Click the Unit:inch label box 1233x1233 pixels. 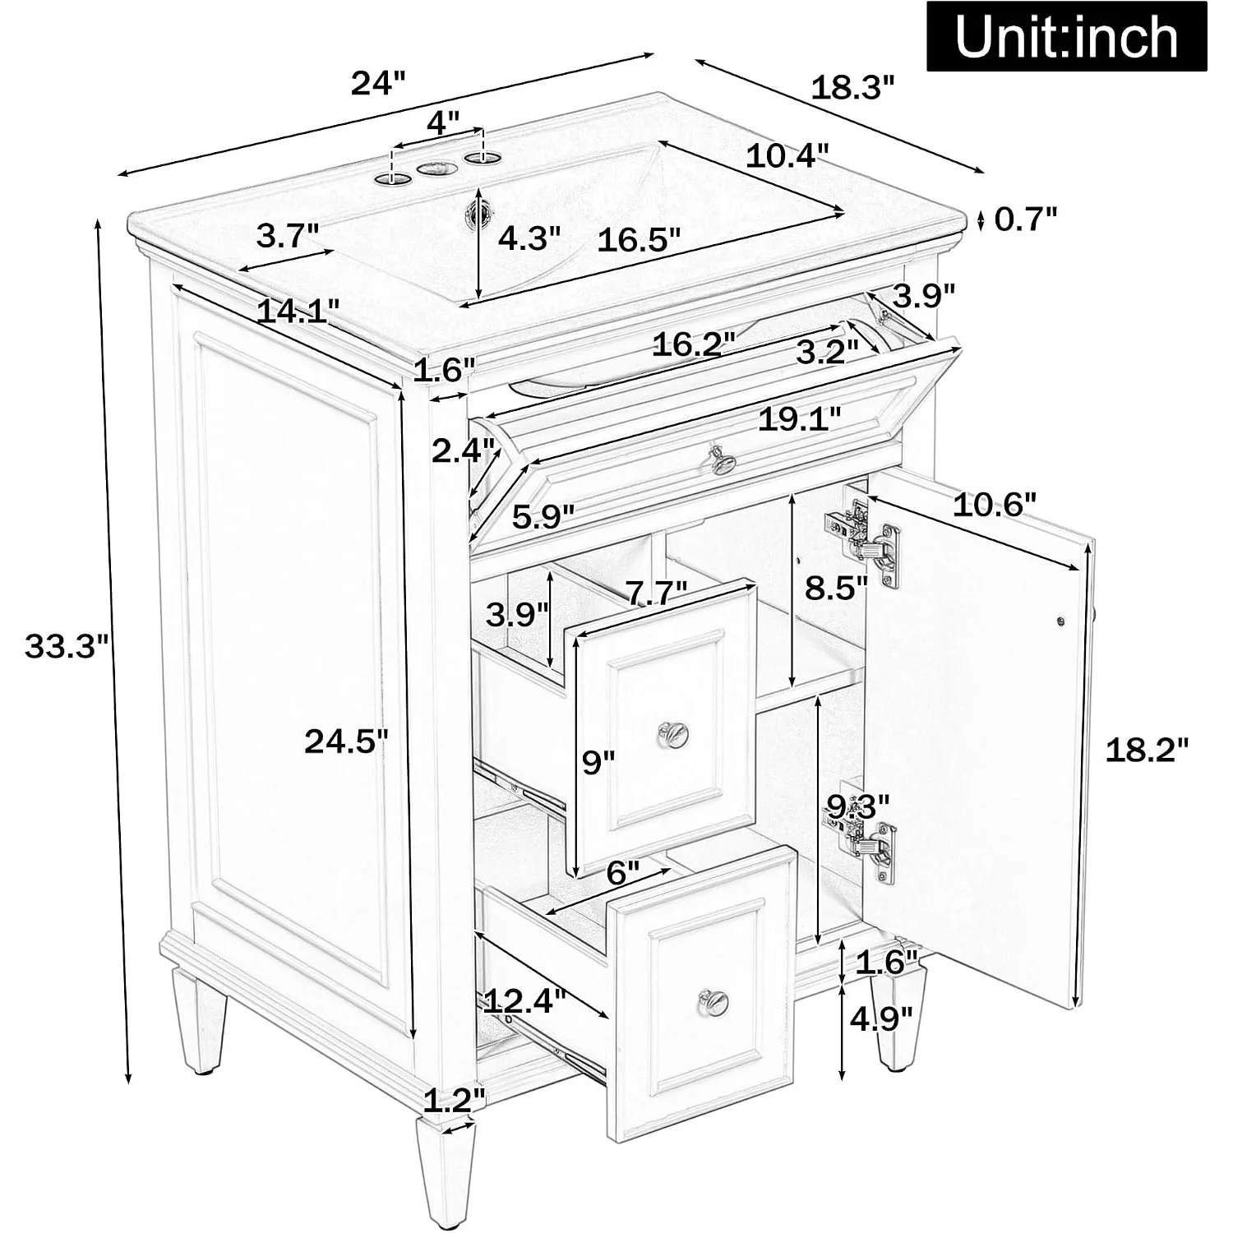point(1067,37)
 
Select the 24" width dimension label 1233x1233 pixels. point(379,83)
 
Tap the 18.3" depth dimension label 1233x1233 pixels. point(852,87)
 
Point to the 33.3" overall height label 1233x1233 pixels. point(67,645)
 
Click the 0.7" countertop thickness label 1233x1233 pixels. point(1025,219)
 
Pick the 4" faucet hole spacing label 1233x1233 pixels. point(442,123)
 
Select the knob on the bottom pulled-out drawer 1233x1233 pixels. point(713,1000)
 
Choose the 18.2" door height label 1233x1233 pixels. point(1147,750)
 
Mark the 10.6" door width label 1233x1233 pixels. point(995,504)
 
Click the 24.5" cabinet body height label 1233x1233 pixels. point(345,741)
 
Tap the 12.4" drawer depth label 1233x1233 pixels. point(524,1000)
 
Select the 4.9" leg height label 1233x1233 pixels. point(881,1019)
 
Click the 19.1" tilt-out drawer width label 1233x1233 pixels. point(799,419)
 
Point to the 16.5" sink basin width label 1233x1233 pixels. point(639,240)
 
